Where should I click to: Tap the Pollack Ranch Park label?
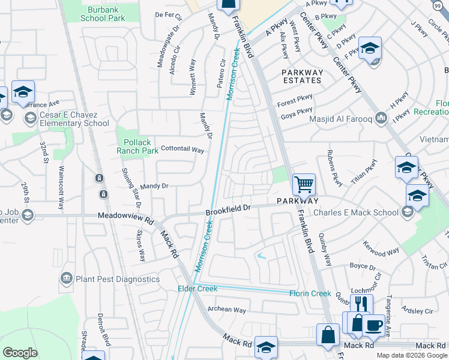pyautogui.click(x=137, y=146)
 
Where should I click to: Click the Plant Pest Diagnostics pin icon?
pyautogui.click(x=67, y=278)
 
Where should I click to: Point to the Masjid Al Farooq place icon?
pyautogui.click(x=380, y=116)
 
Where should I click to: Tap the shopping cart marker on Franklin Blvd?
pyautogui.click(x=304, y=184)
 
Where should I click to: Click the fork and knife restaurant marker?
pyautogui.click(x=361, y=304)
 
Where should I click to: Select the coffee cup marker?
pyautogui.click(x=374, y=325)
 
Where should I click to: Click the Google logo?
pyautogui.click(x=20, y=353)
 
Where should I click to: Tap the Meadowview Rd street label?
pyautogui.click(x=123, y=215)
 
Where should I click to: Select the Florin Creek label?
pyautogui.click(x=310, y=293)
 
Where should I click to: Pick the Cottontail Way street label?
pyautogui.click(x=182, y=149)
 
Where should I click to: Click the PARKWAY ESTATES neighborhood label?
pyautogui.click(x=303, y=76)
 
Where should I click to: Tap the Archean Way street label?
pyautogui.click(x=226, y=310)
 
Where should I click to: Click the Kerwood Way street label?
pyautogui.click(x=381, y=248)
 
